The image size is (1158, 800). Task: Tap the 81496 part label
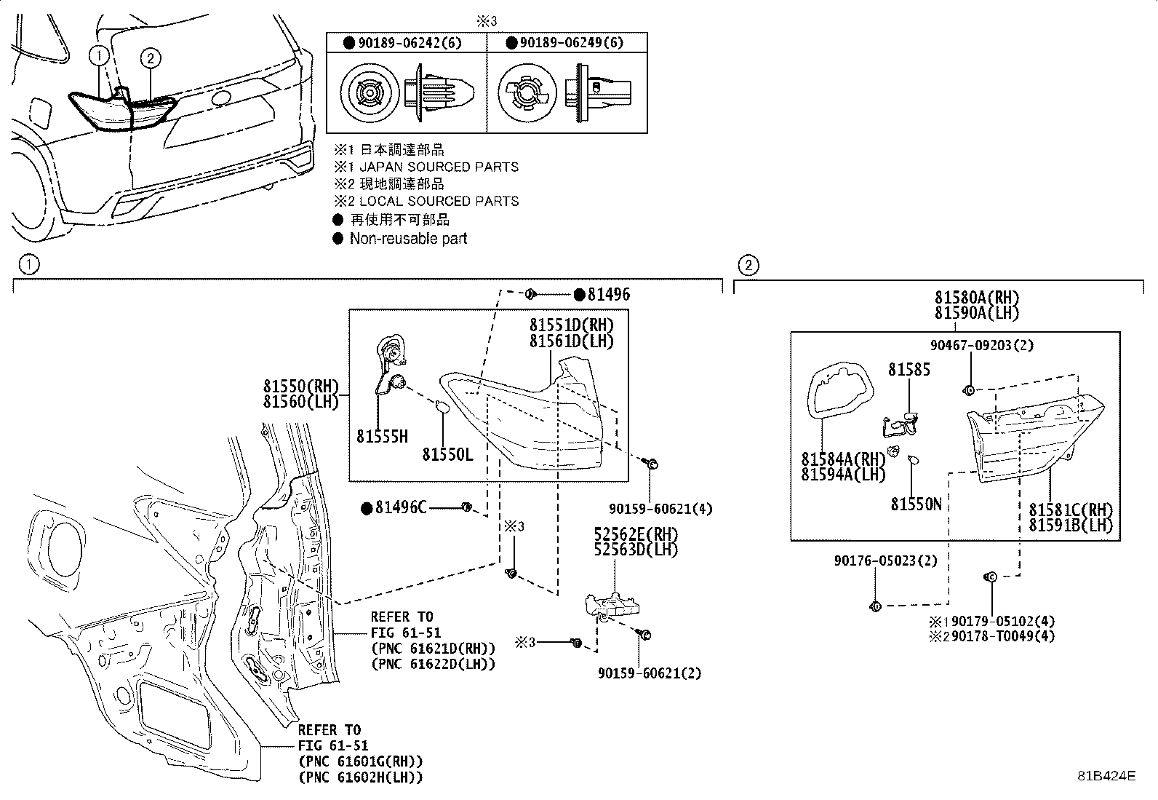click(x=609, y=294)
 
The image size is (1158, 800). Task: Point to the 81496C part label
click(x=401, y=507)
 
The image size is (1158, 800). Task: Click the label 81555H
click(x=382, y=437)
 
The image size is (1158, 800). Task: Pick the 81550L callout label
click(x=447, y=455)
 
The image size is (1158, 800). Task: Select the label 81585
click(x=909, y=370)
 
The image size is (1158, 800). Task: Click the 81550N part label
click(x=916, y=504)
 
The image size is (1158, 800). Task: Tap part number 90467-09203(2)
click(x=982, y=345)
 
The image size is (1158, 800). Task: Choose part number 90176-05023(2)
click(x=885, y=561)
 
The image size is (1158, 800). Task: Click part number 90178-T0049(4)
click(x=1003, y=636)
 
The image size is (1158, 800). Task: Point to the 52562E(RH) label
click(x=636, y=534)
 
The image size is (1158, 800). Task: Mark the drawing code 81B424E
click(x=1107, y=776)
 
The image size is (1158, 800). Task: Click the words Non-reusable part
click(x=408, y=239)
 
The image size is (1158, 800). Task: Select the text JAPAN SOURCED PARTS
click(x=439, y=167)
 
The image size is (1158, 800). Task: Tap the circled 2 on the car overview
click(x=151, y=58)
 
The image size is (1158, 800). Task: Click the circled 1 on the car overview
click(x=99, y=55)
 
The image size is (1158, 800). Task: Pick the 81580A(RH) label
click(x=977, y=298)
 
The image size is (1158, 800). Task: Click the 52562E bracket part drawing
click(x=612, y=606)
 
